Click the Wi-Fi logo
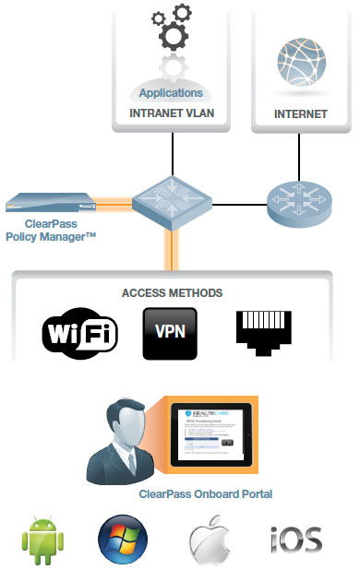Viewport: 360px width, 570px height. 81,333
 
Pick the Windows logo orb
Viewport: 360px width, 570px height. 122,538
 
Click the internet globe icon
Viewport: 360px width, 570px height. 301,65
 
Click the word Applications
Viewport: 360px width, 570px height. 170,93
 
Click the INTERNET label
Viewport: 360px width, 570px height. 301,114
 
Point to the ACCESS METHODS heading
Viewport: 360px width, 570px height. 173,292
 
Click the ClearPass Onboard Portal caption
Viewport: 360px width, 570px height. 205,494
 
